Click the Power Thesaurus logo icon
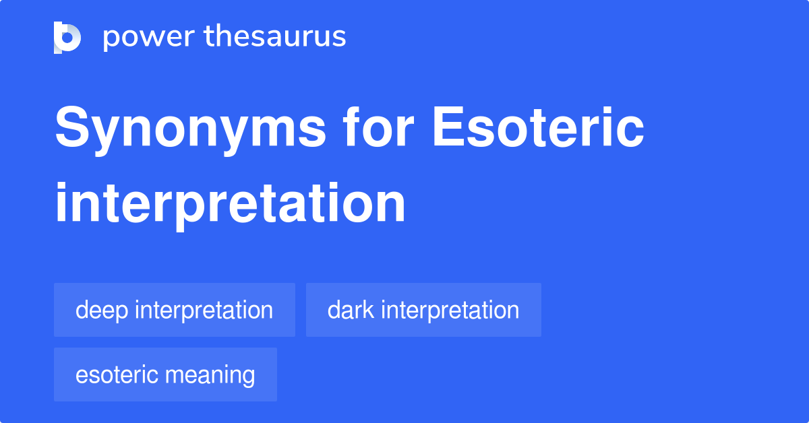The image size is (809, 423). pyautogui.click(x=67, y=37)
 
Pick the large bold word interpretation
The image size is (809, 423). pyautogui.click(x=230, y=204)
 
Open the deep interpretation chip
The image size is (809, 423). pyautogui.click(x=174, y=310)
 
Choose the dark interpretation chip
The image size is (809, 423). pyautogui.click(x=423, y=310)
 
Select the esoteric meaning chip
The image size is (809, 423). pyautogui.click(x=165, y=375)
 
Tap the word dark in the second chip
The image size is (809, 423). pyautogui.click(x=351, y=310)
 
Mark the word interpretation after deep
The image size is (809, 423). pyautogui.click(x=204, y=311)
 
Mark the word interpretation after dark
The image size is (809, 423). pyautogui.click(x=450, y=311)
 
